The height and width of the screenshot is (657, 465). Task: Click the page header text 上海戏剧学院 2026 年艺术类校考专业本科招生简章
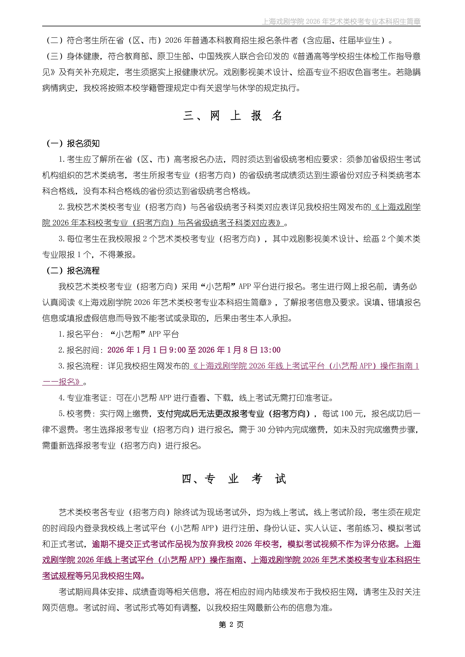click(341, 22)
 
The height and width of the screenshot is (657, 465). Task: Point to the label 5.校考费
click(75, 414)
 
